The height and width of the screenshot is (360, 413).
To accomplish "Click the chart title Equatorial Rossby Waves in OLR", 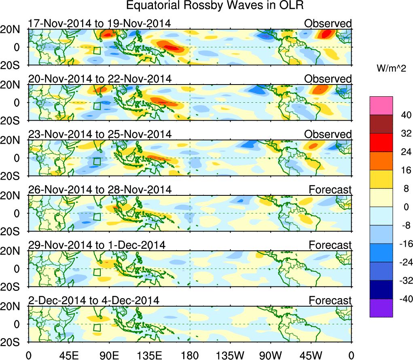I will click(x=214, y=6).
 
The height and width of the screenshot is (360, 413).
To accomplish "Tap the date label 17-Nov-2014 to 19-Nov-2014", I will click(x=100, y=23).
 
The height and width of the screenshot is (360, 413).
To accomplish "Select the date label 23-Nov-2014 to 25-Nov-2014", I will click(x=100, y=134).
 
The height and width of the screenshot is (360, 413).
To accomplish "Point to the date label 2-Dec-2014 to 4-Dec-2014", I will click(x=94, y=301).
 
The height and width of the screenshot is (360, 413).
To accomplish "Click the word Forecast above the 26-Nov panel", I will click(x=330, y=190).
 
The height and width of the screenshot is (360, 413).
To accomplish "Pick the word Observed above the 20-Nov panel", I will click(x=328, y=79).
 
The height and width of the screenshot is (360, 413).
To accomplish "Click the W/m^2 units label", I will click(x=392, y=69).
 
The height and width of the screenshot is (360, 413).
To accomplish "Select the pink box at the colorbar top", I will click(x=381, y=106).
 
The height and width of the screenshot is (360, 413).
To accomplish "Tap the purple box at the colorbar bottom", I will click(x=381, y=308).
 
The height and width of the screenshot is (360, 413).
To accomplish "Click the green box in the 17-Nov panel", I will click(x=97, y=51).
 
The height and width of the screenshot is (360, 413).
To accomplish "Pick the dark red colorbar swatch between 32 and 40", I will click(x=381, y=124).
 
